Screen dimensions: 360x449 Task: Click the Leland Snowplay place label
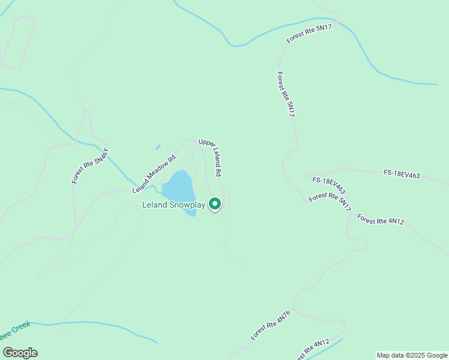[x=173, y=205]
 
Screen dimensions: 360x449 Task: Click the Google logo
[x=20, y=353]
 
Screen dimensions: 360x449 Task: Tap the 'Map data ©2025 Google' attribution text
[x=412, y=355]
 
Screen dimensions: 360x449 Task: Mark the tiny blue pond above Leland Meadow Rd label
[x=158, y=146]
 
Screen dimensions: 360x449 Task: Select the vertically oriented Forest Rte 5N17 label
[x=286, y=94]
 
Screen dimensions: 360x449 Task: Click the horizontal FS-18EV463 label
[x=402, y=175]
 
